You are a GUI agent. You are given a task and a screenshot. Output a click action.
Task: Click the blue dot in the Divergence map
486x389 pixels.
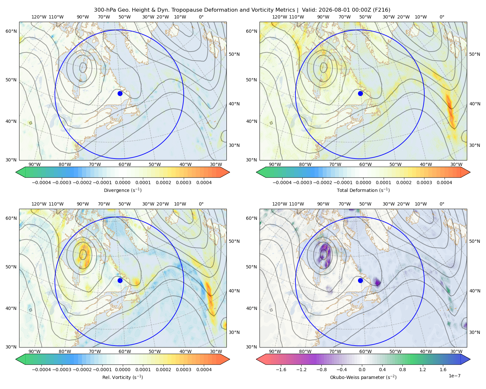[120, 93]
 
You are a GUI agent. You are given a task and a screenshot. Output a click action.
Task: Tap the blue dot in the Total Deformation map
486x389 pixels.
[360, 93]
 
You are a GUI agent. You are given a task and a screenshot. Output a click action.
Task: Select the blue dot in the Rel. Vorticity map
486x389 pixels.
[120, 280]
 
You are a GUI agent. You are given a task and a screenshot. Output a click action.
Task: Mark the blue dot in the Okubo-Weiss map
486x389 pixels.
[360, 280]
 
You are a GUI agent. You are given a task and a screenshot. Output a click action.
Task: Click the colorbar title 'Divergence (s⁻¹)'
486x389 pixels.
[122, 190]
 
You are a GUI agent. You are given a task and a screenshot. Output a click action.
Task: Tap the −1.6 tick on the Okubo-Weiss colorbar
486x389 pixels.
[281, 370]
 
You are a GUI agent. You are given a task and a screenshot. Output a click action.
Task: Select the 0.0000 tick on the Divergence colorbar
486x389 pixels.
[122, 183]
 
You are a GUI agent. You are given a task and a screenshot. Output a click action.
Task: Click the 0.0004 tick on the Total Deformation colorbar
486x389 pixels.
[444, 183]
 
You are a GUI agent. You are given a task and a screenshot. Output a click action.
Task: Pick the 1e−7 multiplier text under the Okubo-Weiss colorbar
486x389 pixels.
[454, 376]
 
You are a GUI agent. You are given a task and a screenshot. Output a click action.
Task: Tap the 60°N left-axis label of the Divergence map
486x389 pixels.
[11, 31]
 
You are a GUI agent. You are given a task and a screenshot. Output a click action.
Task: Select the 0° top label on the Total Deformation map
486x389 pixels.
[442, 17]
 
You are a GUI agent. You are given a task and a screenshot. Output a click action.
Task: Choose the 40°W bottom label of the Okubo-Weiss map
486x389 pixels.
[426, 351]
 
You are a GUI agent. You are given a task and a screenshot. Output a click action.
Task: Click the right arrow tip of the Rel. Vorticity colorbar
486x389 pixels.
[229, 359]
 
